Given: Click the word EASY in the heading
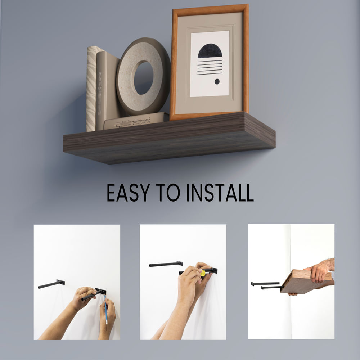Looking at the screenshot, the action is coord(129,192).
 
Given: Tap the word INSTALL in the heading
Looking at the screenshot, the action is coord(220,192).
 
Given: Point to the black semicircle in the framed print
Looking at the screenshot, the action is coord(210,51).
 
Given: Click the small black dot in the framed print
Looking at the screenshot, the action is coord(217,81).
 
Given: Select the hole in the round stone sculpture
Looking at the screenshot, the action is coord(144,78).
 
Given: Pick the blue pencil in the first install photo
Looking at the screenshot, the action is coord(105,309).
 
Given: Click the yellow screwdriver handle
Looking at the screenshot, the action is coord(203,273).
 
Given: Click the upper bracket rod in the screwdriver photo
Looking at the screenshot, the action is coord(166,264).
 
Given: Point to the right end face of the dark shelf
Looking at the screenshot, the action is coord(260,130).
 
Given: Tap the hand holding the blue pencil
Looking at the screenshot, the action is coord(107,314).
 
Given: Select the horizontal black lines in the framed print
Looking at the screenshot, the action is coord(210,68).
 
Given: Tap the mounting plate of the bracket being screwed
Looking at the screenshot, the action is coord(214,271).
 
